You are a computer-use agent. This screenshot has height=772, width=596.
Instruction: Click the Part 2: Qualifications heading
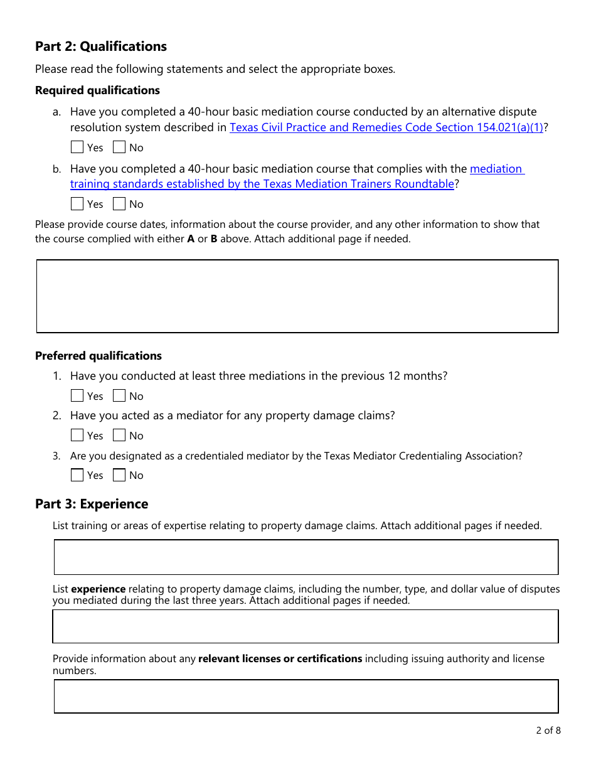point(101,46)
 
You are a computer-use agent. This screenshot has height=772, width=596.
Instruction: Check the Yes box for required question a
point(77,147)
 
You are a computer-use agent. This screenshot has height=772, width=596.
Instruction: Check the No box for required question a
point(119,147)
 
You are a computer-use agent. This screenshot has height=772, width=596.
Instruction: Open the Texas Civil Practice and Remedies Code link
point(386,127)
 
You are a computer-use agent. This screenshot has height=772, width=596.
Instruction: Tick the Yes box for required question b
point(77,204)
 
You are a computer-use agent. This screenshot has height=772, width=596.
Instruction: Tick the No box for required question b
point(119,204)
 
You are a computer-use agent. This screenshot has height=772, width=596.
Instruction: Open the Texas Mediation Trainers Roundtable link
point(262,184)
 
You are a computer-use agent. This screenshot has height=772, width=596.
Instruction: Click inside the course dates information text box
point(297,296)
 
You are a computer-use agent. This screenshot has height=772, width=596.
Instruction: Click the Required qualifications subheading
point(97,90)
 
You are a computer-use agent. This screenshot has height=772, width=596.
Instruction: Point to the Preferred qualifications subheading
point(98,356)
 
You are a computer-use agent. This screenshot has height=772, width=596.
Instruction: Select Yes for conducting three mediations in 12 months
point(77,396)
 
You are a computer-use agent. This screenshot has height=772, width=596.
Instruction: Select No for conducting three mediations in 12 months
point(119,396)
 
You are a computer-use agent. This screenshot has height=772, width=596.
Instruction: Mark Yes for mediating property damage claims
point(77,436)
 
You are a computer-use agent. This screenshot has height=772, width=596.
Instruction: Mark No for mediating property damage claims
point(119,436)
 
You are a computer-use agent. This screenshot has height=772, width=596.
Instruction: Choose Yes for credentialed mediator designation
point(77,475)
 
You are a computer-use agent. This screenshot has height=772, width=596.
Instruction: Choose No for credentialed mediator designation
point(119,475)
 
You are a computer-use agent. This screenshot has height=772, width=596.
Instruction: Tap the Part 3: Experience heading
point(92,504)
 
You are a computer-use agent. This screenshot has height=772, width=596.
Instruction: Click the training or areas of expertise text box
point(306,557)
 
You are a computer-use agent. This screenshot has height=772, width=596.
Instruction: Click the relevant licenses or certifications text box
point(306,697)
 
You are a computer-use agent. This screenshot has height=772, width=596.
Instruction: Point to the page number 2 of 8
point(548,730)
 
